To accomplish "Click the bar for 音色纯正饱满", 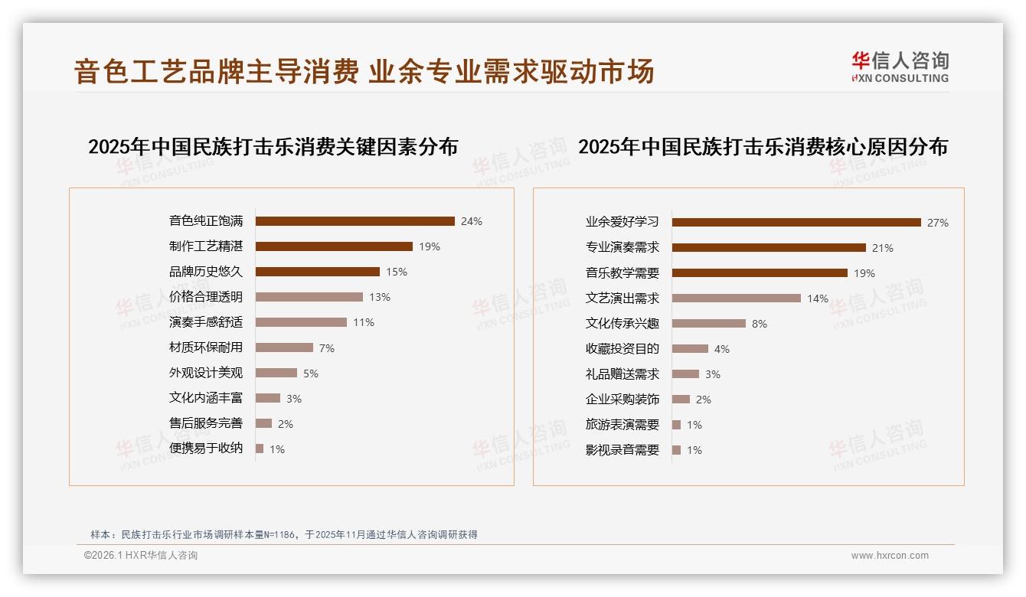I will [x=355, y=221].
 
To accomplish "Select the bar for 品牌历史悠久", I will [x=317, y=272].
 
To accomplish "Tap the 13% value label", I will [x=380, y=297].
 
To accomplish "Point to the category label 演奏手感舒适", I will [x=206, y=322].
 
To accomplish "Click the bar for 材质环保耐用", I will [x=284, y=347].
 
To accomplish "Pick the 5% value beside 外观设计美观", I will [x=311, y=374].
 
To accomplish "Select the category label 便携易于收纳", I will [x=206, y=449].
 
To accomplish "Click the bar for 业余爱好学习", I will [x=796, y=223].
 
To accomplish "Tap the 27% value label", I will [x=938, y=223].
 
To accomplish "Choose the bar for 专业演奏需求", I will [x=769, y=248].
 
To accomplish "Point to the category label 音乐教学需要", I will [x=622, y=273].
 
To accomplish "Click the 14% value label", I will [x=818, y=298].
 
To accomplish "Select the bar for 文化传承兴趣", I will [x=709, y=324].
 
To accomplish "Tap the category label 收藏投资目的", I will [x=622, y=349].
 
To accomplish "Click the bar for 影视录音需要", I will [x=676, y=450].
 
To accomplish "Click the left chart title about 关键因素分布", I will [x=273, y=147].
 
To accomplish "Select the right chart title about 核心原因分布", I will [x=763, y=147].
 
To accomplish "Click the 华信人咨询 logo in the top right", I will [x=900, y=67].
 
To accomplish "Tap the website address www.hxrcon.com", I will [x=890, y=556].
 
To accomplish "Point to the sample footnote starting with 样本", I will [x=284, y=534].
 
